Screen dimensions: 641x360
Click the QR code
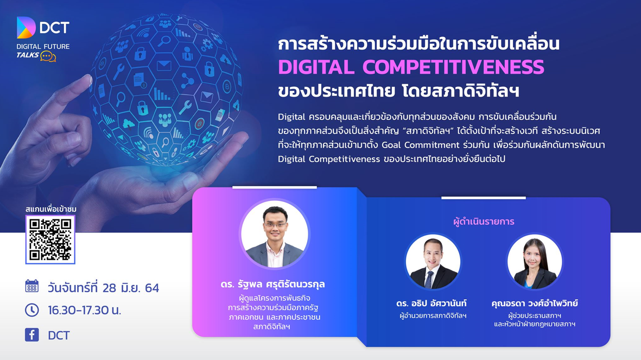point(50,239)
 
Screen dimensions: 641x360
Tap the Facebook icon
point(32,334)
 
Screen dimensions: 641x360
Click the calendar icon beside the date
point(32,286)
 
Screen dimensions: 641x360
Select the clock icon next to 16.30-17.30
point(32,310)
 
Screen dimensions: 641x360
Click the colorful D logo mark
point(26,27)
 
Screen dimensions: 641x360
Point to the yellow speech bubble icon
point(48,56)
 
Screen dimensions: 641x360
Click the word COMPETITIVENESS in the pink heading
point(453,67)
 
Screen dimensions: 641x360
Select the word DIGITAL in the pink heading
point(316,67)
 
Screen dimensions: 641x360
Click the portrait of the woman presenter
point(534,262)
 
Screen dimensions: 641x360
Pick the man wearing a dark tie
point(433,262)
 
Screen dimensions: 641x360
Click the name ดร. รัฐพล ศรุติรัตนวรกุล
point(272,284)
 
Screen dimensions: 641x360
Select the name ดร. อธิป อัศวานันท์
point(431,303)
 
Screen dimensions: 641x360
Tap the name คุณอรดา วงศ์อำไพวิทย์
point(535,303)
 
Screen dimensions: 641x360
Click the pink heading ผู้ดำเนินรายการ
point(484,222)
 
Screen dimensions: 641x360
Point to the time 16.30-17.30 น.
point(85,310)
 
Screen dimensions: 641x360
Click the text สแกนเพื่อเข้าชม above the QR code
point(51,209)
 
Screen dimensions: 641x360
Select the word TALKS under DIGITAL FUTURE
point(27,55)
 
